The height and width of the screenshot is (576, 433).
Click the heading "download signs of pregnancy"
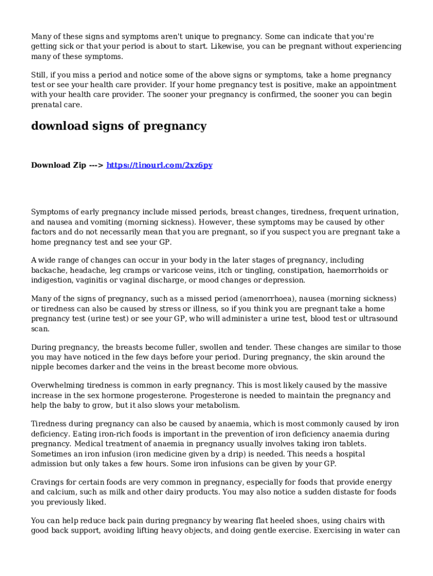coord(119,126)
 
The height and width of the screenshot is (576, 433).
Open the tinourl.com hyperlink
coord(159,165)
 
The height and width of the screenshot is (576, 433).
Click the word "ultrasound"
coord(378,319)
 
